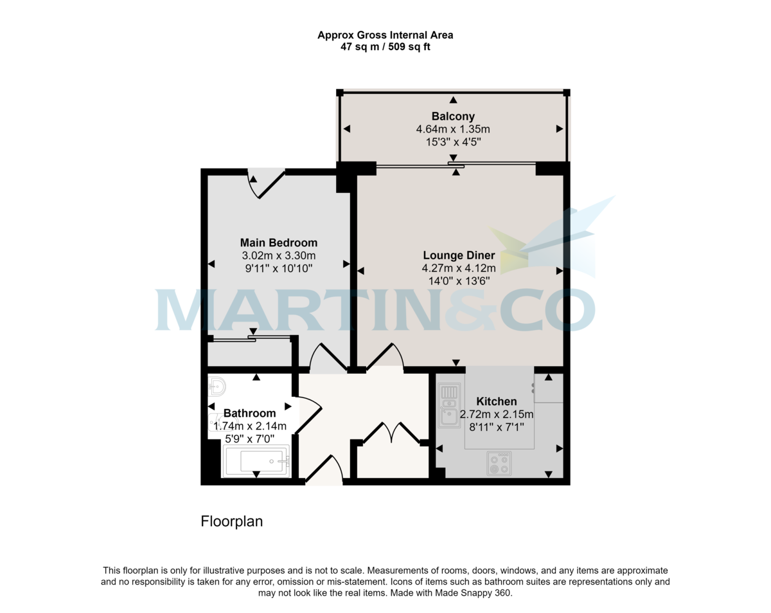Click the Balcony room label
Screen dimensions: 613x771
pos(453,116)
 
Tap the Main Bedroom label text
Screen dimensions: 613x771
pos(278,242)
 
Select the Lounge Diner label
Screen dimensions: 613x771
pos(458,255)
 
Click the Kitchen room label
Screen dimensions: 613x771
pos(496,401)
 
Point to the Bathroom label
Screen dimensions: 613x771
pos(249,413)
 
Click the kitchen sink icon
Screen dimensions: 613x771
pos(449,405)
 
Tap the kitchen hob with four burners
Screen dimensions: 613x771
pos(499,463)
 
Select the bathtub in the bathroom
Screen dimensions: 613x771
pos(256,461)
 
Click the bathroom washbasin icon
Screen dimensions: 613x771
pos(217,387)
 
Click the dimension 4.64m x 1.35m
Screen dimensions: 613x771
pos(453,129)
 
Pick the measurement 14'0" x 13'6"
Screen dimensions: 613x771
pos(458,280)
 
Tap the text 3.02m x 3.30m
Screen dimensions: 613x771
pos(278,255)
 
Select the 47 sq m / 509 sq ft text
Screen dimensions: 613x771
pos(385,47)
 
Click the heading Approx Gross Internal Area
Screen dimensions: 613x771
pos(385,35)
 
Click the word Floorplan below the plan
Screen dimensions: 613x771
pos(232,522)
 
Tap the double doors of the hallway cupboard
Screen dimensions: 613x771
pos(391,432)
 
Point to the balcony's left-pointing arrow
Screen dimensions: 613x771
pos(347,129)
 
